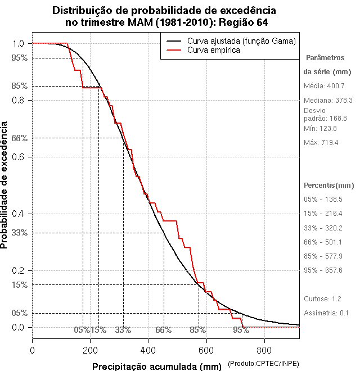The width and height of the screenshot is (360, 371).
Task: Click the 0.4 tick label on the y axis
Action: tap(19, 214)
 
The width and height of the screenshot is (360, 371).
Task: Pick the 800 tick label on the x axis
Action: tap(264, 350)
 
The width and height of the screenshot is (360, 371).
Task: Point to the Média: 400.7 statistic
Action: tap(323, 85)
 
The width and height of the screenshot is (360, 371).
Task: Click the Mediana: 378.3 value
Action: tap(328, 100)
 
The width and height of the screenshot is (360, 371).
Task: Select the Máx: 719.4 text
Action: tap(321, 143)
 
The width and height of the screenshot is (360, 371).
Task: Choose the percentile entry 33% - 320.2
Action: tap(323, 228)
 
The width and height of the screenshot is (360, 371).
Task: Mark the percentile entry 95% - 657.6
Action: tap(323, 270)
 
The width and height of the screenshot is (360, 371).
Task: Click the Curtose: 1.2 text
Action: tap(323, 298)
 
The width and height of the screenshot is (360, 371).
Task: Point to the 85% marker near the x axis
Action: tap(197, 330)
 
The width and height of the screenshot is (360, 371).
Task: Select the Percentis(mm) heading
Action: tap(329, 185)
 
